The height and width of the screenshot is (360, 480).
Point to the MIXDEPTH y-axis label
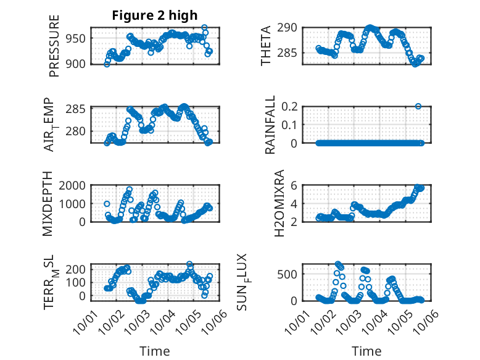(x=49, y=204)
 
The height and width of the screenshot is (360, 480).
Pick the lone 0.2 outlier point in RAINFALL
(x=418, y=106)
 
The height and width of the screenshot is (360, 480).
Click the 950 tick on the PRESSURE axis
(x=77, y=39)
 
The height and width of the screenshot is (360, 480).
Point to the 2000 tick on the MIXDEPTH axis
(x=74, y=185)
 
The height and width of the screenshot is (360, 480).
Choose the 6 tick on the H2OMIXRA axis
(x=296, y=185)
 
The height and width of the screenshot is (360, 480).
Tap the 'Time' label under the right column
(x=366, y=351)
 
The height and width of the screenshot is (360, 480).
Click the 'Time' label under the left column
(x=155, y=351)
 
